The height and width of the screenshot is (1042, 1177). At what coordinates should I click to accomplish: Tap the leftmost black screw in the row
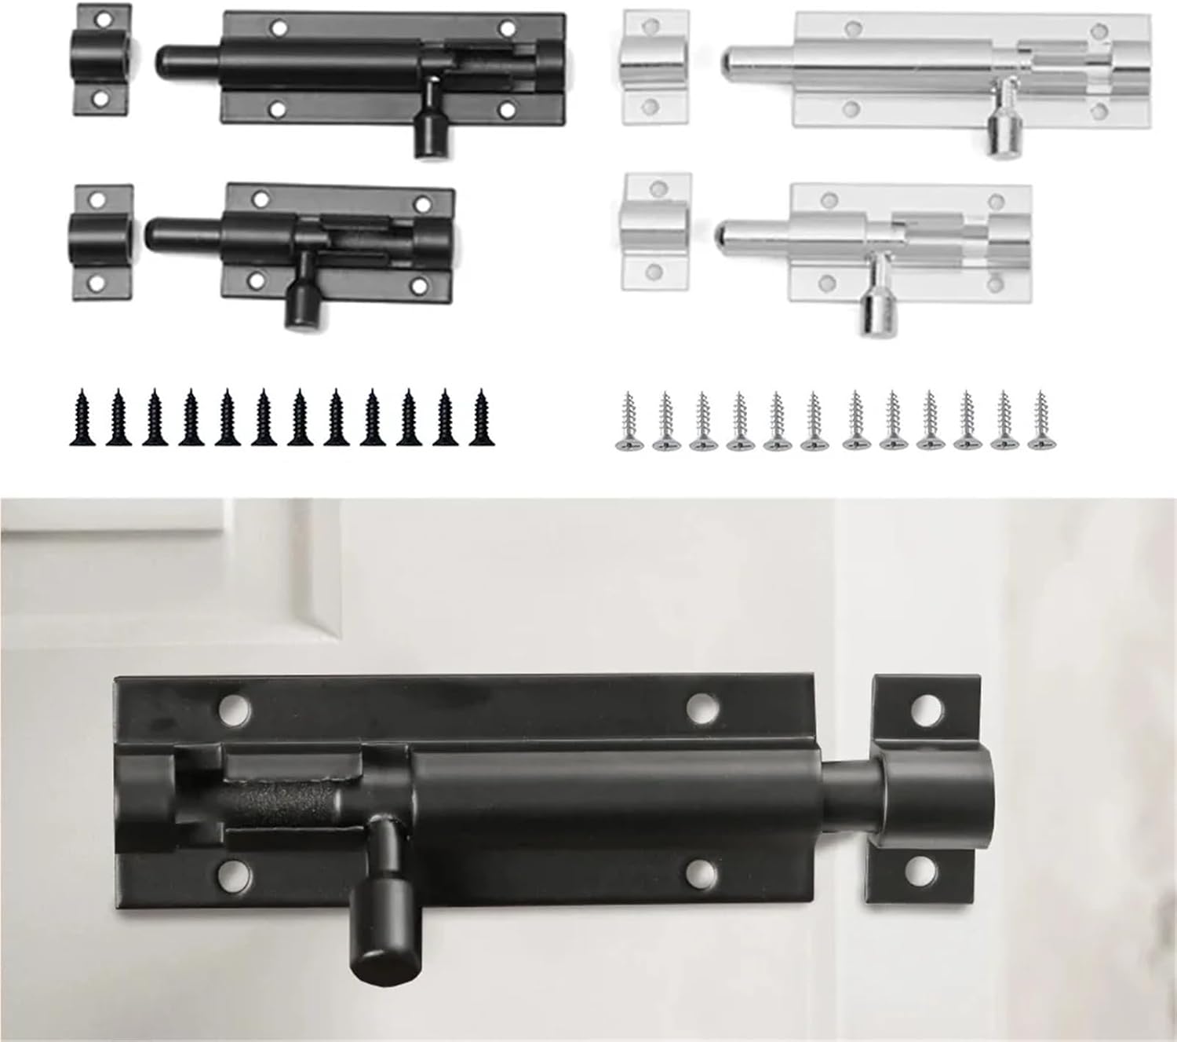[x=82, y=418]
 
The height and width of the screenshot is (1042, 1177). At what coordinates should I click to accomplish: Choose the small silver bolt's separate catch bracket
[x=655, y=232]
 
